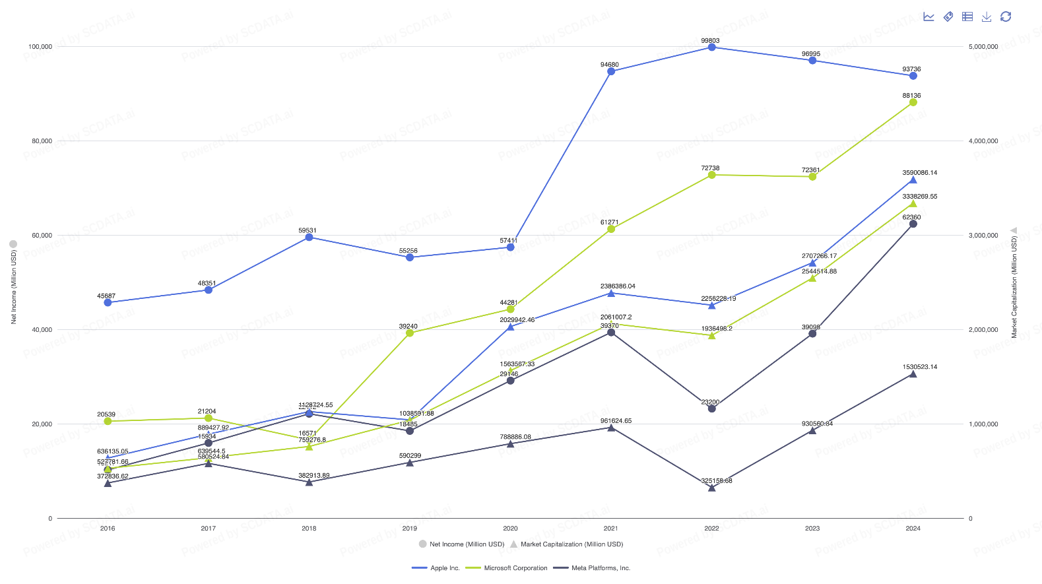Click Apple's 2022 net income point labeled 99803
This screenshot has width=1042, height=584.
coord(711,47)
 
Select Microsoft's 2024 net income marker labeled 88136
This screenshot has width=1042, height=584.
coord(913,102)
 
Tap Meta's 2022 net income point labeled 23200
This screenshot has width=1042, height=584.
coord(711,408)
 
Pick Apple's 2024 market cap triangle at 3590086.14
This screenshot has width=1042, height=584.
coord(913,179)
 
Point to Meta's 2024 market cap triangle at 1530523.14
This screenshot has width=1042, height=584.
coord(913,374)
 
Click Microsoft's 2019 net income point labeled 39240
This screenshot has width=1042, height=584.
coord(410,333)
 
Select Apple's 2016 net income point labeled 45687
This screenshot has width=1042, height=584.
coord(108,302)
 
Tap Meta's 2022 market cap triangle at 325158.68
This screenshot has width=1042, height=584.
coord(711,488)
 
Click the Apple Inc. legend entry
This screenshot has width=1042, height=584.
coord(436,568)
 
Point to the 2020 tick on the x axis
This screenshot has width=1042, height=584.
coord(510,529)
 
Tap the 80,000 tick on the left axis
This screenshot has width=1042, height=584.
coord(42,141)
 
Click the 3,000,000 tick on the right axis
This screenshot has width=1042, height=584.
coord(983,236)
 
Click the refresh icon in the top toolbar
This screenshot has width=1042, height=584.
coord(1006,16)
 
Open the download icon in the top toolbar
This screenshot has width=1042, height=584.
coord(987,16)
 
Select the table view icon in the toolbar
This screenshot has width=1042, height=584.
coord(967,16)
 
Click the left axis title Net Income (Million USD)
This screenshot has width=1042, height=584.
coord(13,286)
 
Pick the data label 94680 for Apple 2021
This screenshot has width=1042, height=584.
coord(609,65)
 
